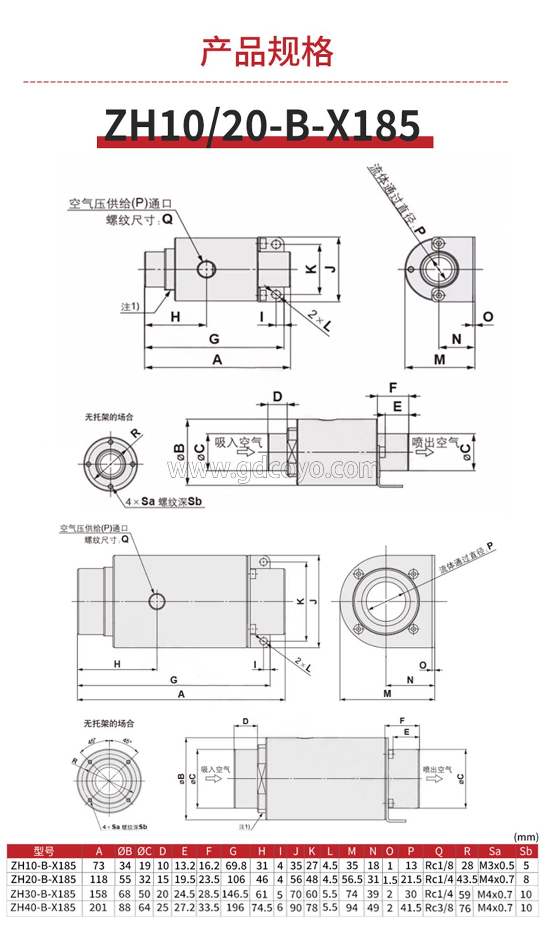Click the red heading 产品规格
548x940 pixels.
pos(268,51)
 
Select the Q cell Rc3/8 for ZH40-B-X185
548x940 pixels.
pos(439,908)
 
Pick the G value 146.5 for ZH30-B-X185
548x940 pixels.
pos(235,894)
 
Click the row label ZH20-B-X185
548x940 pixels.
pos(43,879)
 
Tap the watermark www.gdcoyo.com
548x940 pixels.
pos(274,468)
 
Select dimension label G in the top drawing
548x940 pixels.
pos(214,339)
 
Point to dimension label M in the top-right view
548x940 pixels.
pos(439,359)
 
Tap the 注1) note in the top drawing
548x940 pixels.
pos(130,306)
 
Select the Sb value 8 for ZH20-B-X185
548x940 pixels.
pos(526,879)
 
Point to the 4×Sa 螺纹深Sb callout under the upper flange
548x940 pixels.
pos(163,502)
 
